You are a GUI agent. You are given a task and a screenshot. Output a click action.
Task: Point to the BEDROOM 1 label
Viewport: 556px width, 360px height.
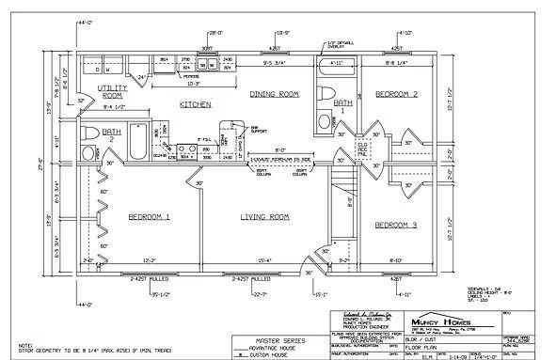point(149,217)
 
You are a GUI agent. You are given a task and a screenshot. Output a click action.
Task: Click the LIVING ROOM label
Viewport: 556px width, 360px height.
point(263,217)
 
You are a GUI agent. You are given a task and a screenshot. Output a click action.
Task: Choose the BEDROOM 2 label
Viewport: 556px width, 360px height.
point(396,94)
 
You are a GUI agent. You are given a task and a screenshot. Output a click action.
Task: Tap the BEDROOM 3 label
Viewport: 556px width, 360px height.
point(396,225)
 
